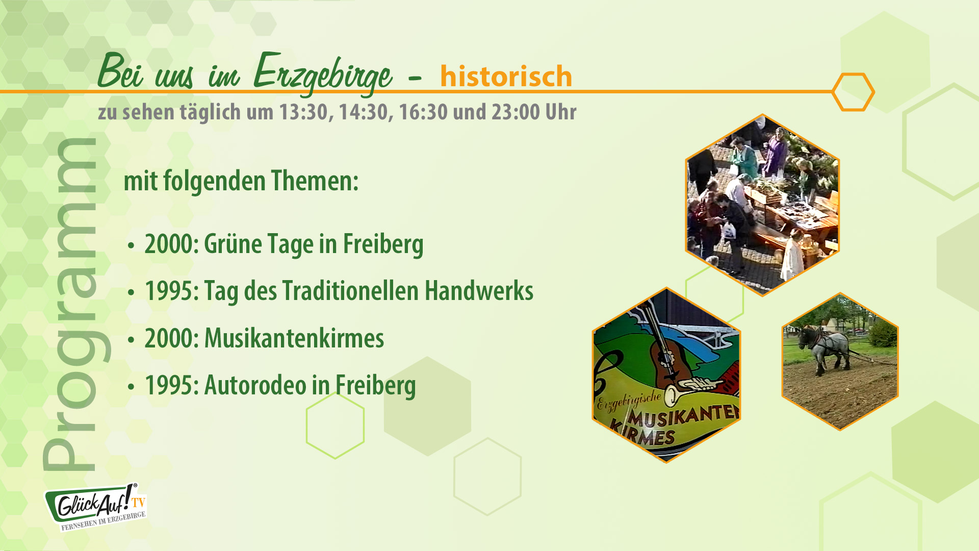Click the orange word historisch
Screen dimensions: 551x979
pyautogui.click(x=506, y=77)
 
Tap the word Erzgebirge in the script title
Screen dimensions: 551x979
pyautogui.click(x=322, y=74)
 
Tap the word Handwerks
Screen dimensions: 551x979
pyautogui.click(x=479, y=291)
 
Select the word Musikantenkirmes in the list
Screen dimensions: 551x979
pyautogui.click(x=294, y=338)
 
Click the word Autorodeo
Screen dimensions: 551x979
pyautogui.click(x=254, y=385)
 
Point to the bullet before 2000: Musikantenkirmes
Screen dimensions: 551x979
pyautogui.click(x=132, y=340)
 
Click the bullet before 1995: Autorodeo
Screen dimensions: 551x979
pyautogui.click(x=132, y=387)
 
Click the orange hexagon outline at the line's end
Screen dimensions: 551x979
pyautogui.click(x=853, y=92)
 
